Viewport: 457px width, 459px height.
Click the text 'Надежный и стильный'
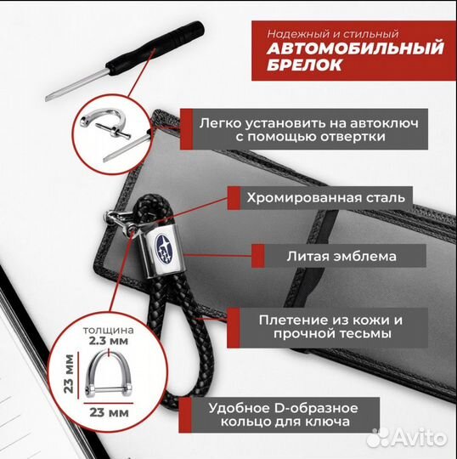(x=320, y=31)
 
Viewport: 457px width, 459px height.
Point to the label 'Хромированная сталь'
(x=325, y=199)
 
